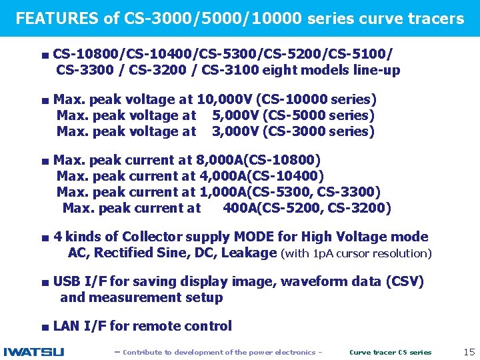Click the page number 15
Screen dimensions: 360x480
(468, 351)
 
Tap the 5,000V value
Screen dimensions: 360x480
(235, 115)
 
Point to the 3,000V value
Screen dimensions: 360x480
(235, 131)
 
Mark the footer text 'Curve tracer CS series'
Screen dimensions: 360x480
(390, 352)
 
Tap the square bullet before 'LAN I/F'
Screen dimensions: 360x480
(43, 327)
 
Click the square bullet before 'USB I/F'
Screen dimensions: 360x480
(43, 282)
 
